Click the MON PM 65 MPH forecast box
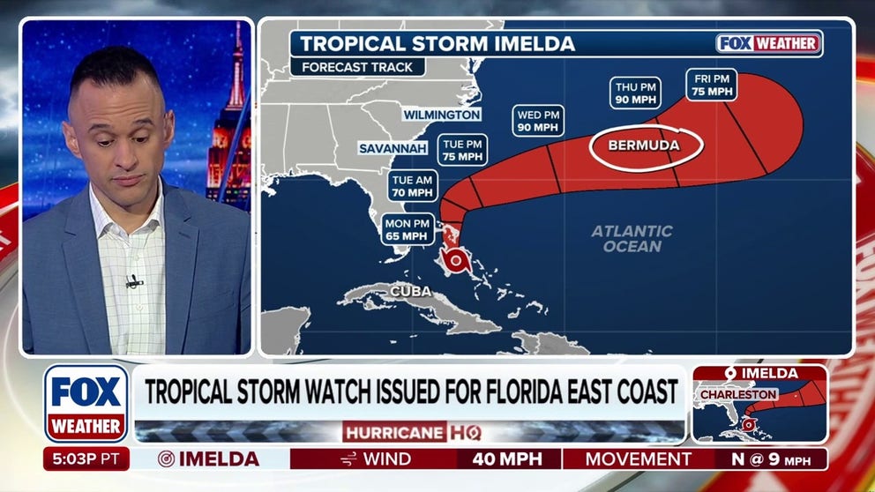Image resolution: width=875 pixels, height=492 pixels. coord(408,229)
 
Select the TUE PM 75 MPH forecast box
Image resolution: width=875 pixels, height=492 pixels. coord(461,150)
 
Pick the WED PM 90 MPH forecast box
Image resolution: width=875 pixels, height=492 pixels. coord(538,121)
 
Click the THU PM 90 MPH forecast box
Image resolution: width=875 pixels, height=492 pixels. coord(635,93)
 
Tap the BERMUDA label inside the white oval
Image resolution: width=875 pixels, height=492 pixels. coord(647,145)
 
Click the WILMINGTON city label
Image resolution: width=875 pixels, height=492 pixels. coord(442,115)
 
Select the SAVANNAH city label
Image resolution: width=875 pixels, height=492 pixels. coord(393,148)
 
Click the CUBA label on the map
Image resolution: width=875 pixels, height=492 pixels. coord(410,291)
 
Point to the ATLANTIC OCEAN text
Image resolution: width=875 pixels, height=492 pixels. coord(632,239)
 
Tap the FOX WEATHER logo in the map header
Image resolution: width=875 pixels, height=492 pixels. coord(768,43)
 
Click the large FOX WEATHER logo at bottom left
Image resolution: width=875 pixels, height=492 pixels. coord(86,402)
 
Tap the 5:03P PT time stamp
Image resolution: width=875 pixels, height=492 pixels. coord(86,459)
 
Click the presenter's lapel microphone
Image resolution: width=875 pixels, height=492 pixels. coord(133,282)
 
